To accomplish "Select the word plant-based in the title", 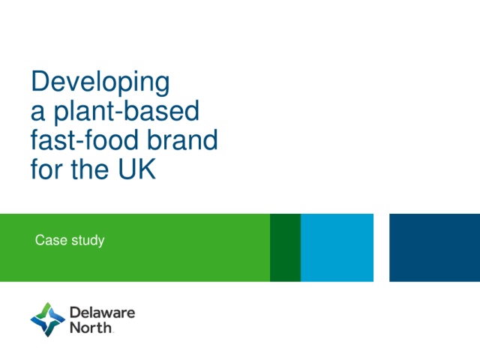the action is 127,112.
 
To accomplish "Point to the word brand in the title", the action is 182,139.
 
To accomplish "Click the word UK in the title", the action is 136,169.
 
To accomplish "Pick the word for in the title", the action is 48,168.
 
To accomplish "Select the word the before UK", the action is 90,168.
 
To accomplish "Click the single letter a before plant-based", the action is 38,112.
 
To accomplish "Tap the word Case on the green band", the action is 51,240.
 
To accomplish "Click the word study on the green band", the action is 88,241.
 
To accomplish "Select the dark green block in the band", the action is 285,247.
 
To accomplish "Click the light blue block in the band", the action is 337,247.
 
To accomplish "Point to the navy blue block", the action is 435,247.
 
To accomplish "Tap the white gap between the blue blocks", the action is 382,247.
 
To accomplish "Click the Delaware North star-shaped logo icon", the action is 48,319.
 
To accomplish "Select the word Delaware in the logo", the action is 103,313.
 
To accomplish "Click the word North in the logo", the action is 91,327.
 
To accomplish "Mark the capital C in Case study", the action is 39,240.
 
